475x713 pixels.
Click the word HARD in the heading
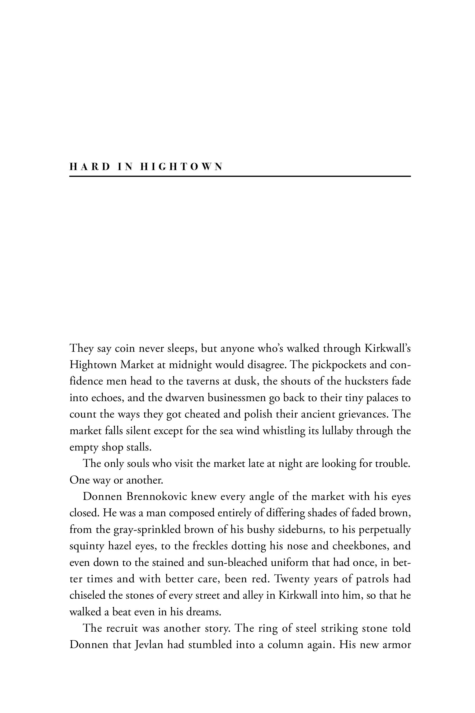point(90,167)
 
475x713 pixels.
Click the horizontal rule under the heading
point(240,176)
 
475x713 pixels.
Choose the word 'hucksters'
point(366,381)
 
